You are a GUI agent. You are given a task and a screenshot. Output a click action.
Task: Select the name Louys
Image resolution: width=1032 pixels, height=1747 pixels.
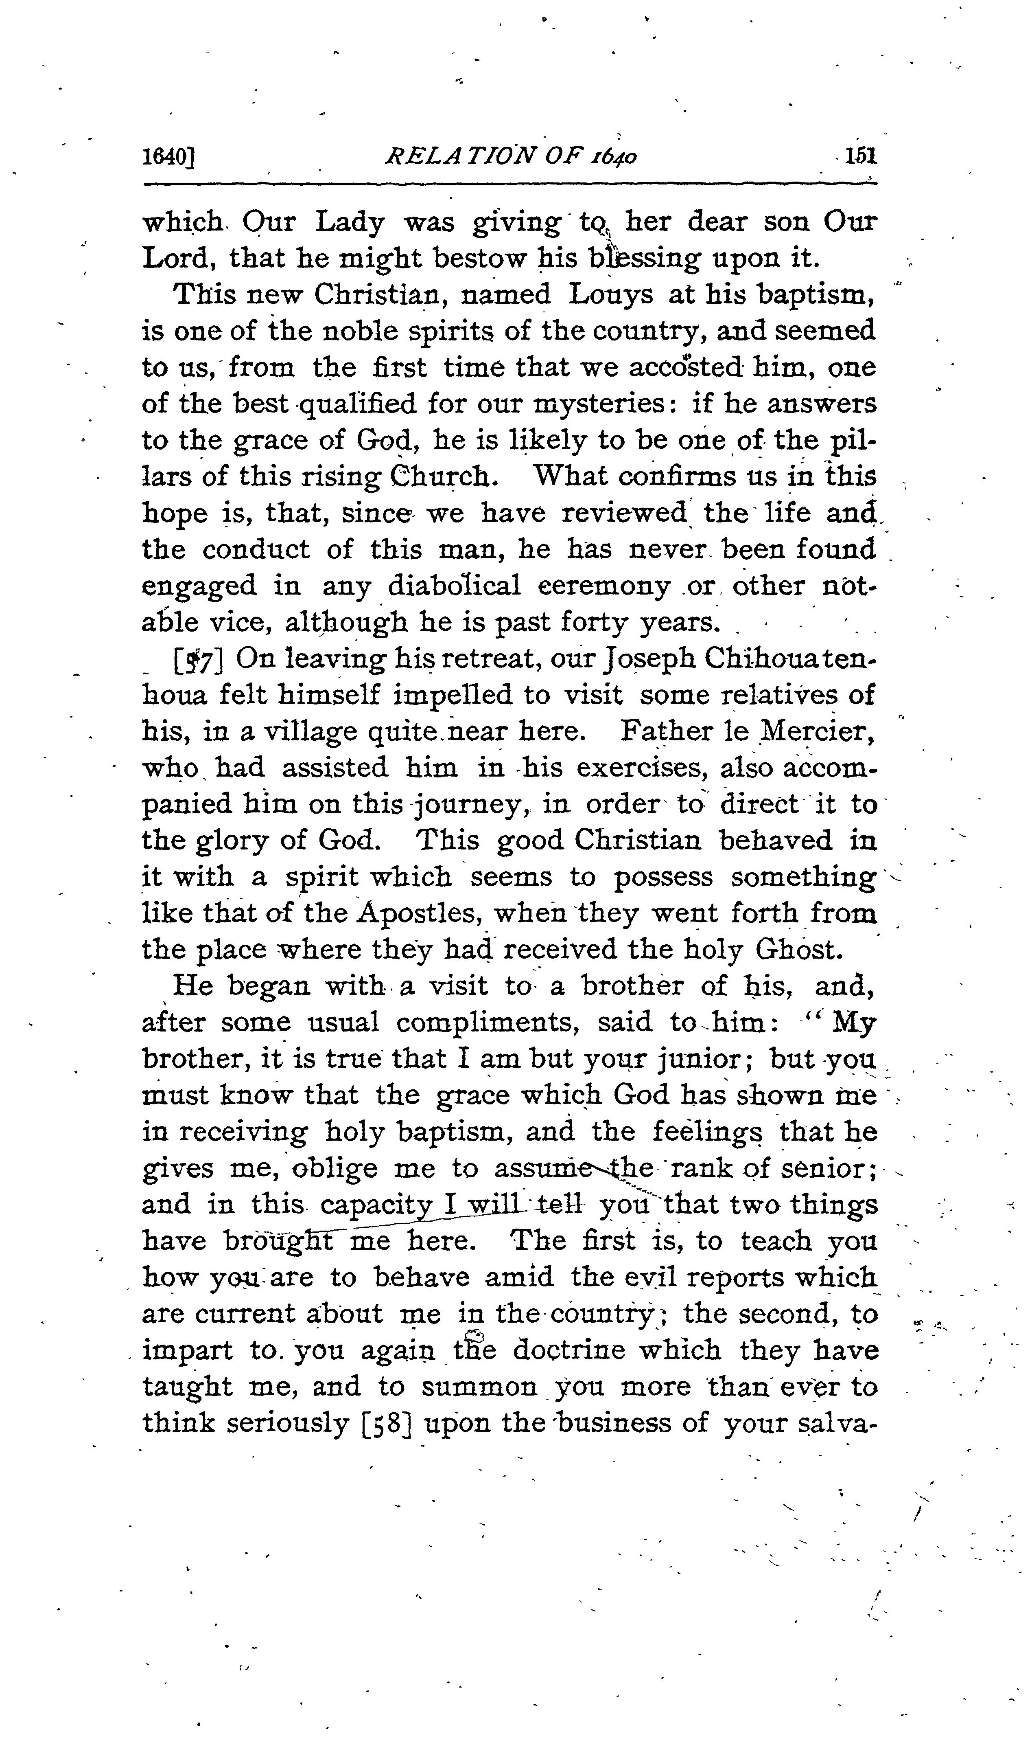coord(610,295)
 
